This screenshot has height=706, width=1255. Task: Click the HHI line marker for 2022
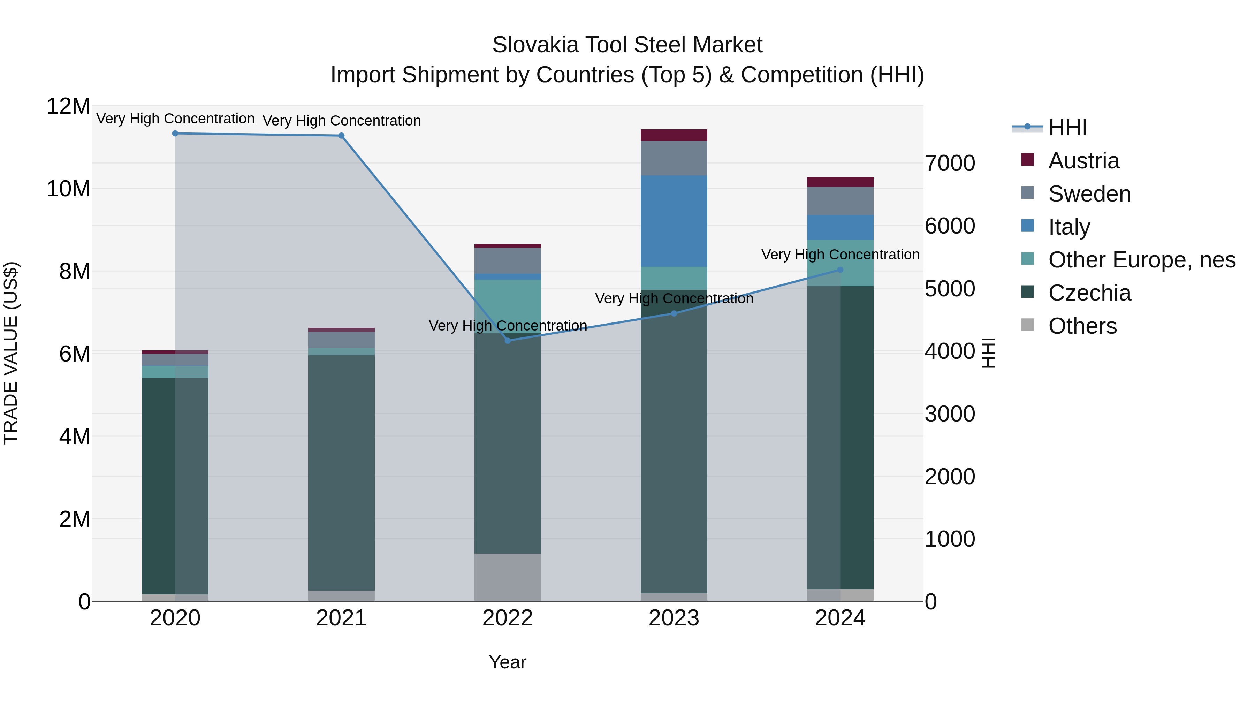click(x=508, y=341)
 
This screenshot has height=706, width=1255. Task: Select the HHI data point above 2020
click(x=175, y=134)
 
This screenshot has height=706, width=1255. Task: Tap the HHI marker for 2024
click(x=840, y=270)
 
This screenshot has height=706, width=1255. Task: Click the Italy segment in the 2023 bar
click(x=674, y=221)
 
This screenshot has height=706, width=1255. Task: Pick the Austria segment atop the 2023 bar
click(x=674, y=135)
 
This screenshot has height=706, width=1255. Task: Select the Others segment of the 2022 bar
click(x=508, y=577)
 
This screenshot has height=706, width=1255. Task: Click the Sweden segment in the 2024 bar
click(x=840, y=201)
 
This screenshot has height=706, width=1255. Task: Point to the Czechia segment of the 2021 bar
click(x=342, y=473)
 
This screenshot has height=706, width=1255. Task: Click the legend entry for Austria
click(x=1083, y=161)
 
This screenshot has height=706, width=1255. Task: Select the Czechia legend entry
click(x=1089, y=293)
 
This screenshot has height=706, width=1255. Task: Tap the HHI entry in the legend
click(x=1067, y=128)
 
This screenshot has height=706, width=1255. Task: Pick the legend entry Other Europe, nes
click(x=1141, y=260)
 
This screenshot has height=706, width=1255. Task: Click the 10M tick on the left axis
click(x=68, y=189)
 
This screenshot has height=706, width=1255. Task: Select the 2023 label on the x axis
click(x=674, y=618)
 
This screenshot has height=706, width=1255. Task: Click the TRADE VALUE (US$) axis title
click(x=11, y=353)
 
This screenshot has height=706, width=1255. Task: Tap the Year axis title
click(x=508, y=662)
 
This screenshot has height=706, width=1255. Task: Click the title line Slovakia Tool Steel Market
click(x=627, y=45)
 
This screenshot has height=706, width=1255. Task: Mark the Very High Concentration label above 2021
click(x=342, y=120)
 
